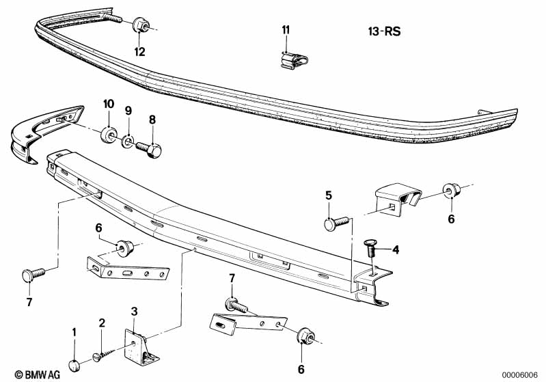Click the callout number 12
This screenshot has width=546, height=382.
click(139, 51)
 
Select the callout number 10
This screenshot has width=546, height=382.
click(107, 104)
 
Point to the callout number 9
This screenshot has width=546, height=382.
click(128, 110)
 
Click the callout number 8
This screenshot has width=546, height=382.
click(152, 119)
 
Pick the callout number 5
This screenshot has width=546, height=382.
click(329, 195)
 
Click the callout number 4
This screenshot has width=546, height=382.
click(395, 250)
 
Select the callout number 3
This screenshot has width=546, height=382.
click(135, 312)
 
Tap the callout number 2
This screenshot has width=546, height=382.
click(102, 323)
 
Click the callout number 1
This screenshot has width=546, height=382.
click(74, 332)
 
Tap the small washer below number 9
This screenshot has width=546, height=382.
click(128, 143)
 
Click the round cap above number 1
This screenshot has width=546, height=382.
click(75, 364)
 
